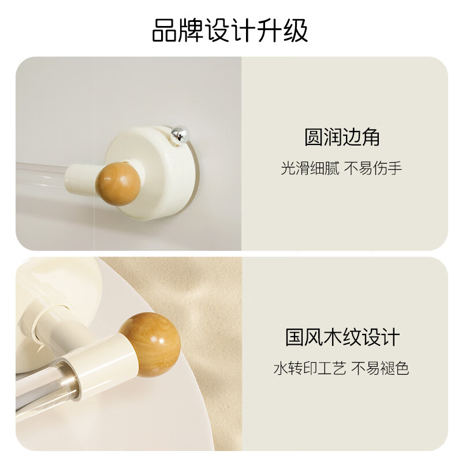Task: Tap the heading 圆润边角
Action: coord(342,137)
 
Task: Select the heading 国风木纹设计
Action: coord(342,337)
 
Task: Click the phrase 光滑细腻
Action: coord(310,168)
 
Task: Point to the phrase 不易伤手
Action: coord(373,168)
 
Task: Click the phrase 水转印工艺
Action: coord(310,368)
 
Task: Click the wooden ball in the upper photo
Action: coord(118,183)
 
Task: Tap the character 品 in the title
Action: coord(163,31)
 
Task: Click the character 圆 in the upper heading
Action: coord(314,137)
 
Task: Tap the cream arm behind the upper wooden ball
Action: coord(81,177)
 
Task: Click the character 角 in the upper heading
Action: coord(371,137)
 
